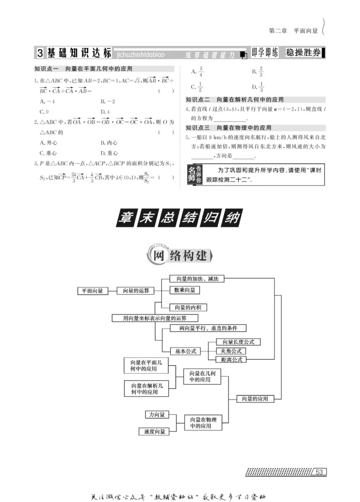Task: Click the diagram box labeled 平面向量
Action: (92, 291)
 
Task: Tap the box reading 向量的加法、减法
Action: (197, 279)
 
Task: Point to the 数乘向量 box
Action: (184, 290)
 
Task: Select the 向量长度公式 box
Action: (238, 342)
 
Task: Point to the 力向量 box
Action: (156, 414)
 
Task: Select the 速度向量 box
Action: (154, 431)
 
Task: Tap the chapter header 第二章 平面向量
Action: (293, 31)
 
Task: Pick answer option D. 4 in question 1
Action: (105, 111)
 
